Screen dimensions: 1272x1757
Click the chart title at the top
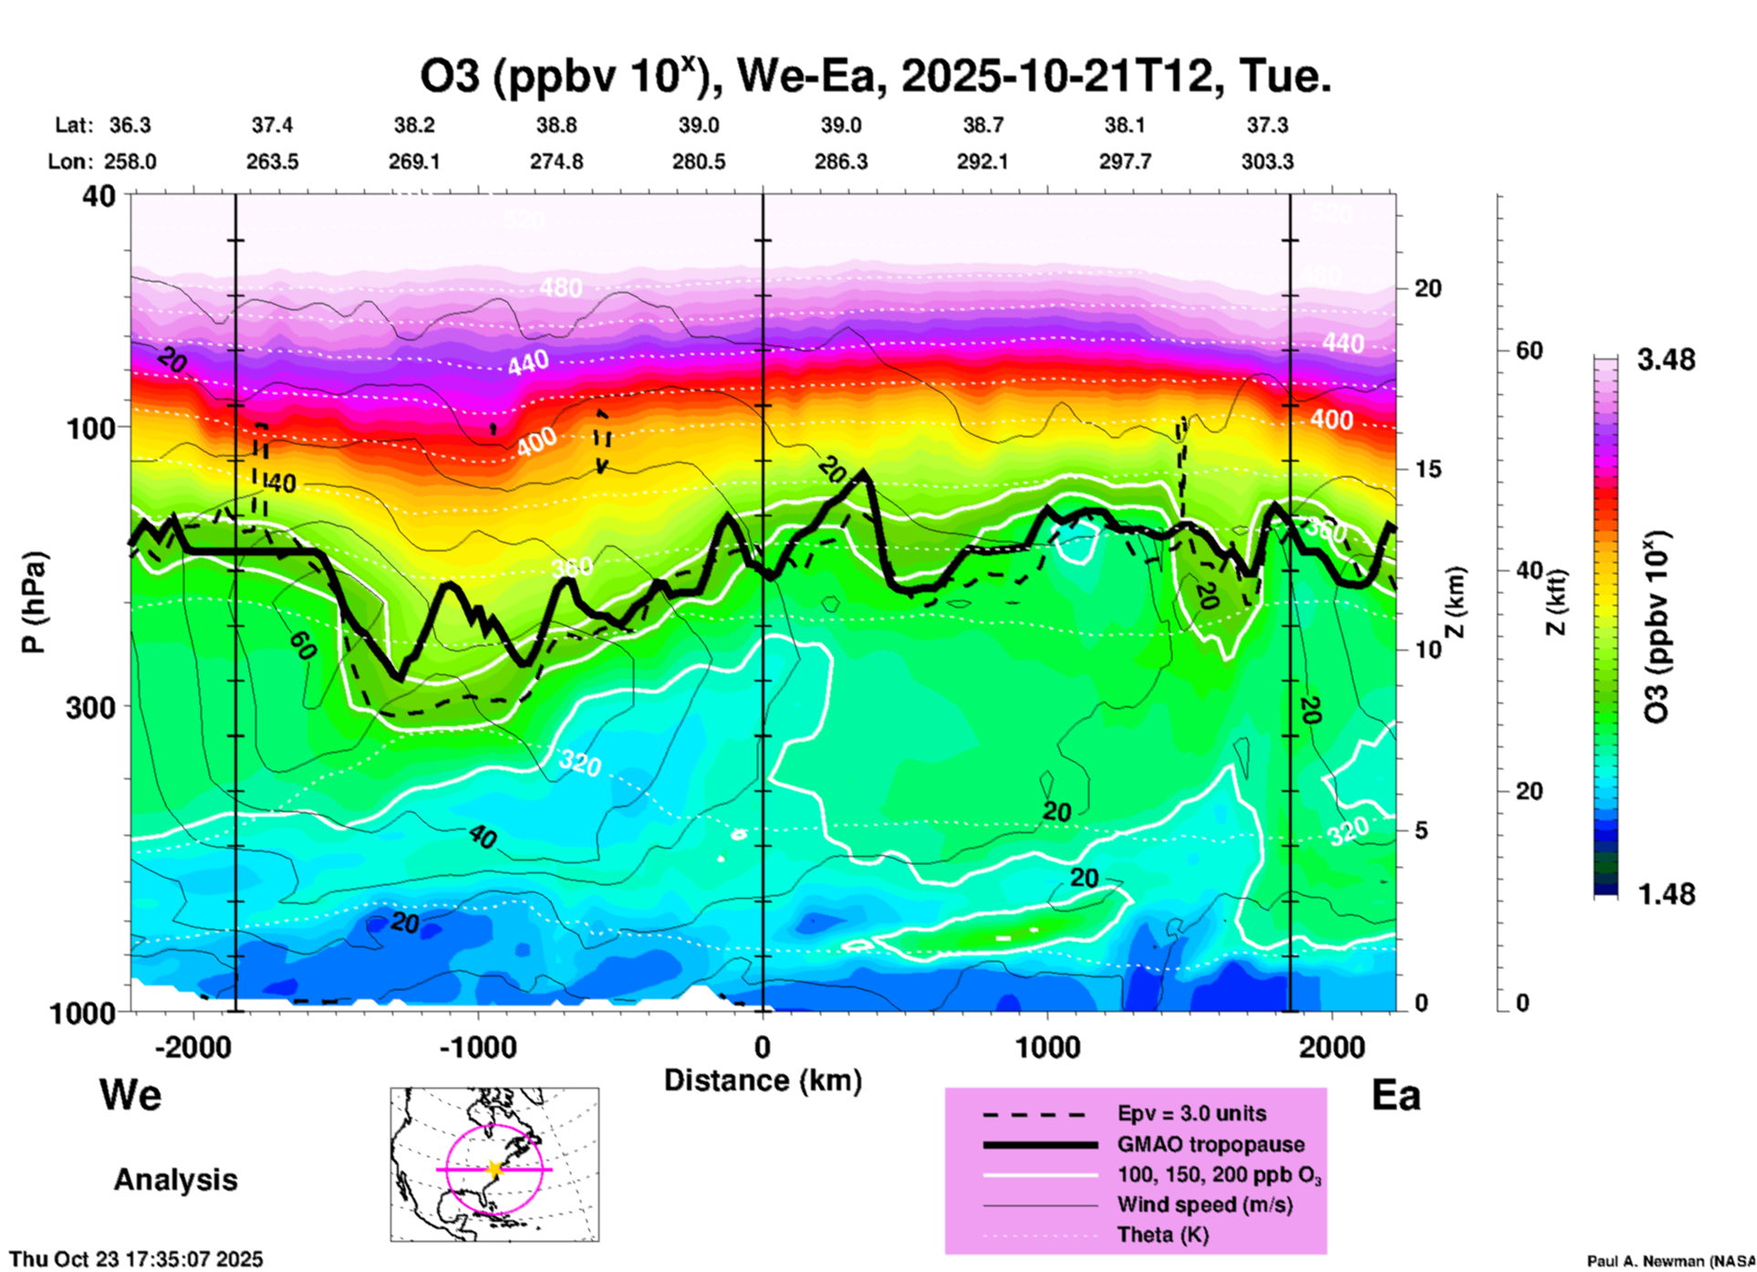(875, 76)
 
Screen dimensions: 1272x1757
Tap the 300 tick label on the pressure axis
(90, 707)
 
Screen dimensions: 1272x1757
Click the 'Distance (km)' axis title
(763, 1080)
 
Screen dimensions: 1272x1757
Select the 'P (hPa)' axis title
(34, 602)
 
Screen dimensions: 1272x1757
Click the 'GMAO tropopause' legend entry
(1211, 1144)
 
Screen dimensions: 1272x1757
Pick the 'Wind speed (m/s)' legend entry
(1204, 1204)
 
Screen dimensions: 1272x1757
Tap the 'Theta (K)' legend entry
(1162, 1235)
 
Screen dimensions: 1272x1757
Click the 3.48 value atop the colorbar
(1666, 360)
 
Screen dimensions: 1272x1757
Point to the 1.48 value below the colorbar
(1666, 894)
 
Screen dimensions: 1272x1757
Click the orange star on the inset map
(494, 1169)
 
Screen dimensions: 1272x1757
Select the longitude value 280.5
(699, 162)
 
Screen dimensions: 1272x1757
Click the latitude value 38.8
(556, 125)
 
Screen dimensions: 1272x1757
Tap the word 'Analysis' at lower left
(175, 1180)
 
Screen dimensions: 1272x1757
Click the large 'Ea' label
(1396, 1096)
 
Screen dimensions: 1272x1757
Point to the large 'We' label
(130, 1094)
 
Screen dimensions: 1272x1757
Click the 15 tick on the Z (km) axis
(1428, 469)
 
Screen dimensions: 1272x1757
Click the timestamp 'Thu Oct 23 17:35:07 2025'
(136, 1259)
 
